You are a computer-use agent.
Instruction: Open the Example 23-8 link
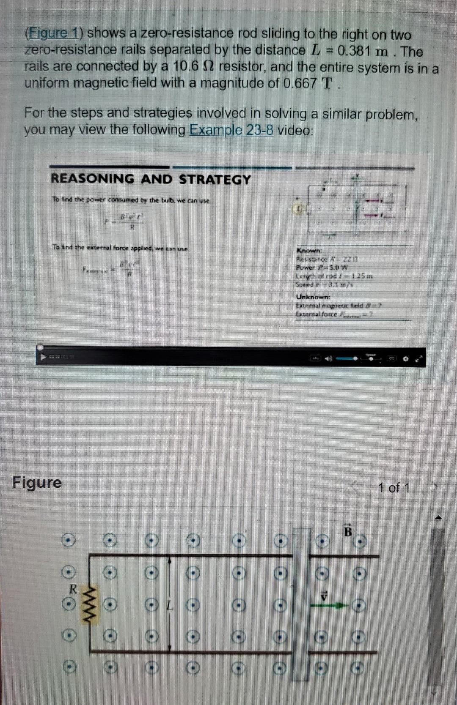231,130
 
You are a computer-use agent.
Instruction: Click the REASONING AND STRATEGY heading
151,179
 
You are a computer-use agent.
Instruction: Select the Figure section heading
37,482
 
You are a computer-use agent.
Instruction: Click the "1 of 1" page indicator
394,488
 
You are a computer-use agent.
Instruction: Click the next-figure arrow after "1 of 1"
434,488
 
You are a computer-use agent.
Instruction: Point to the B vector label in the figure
348,531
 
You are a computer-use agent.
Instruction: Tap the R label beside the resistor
73,588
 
